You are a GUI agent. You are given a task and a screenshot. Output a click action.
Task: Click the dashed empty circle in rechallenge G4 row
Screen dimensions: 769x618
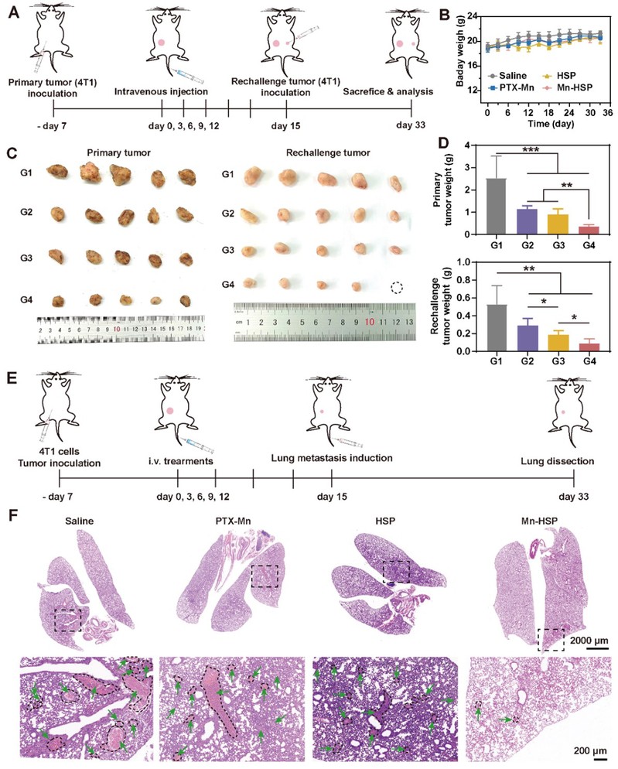click(x=397, y=287)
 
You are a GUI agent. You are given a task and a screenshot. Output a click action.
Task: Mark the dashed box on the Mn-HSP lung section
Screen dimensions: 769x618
click(x=550, y=640)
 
